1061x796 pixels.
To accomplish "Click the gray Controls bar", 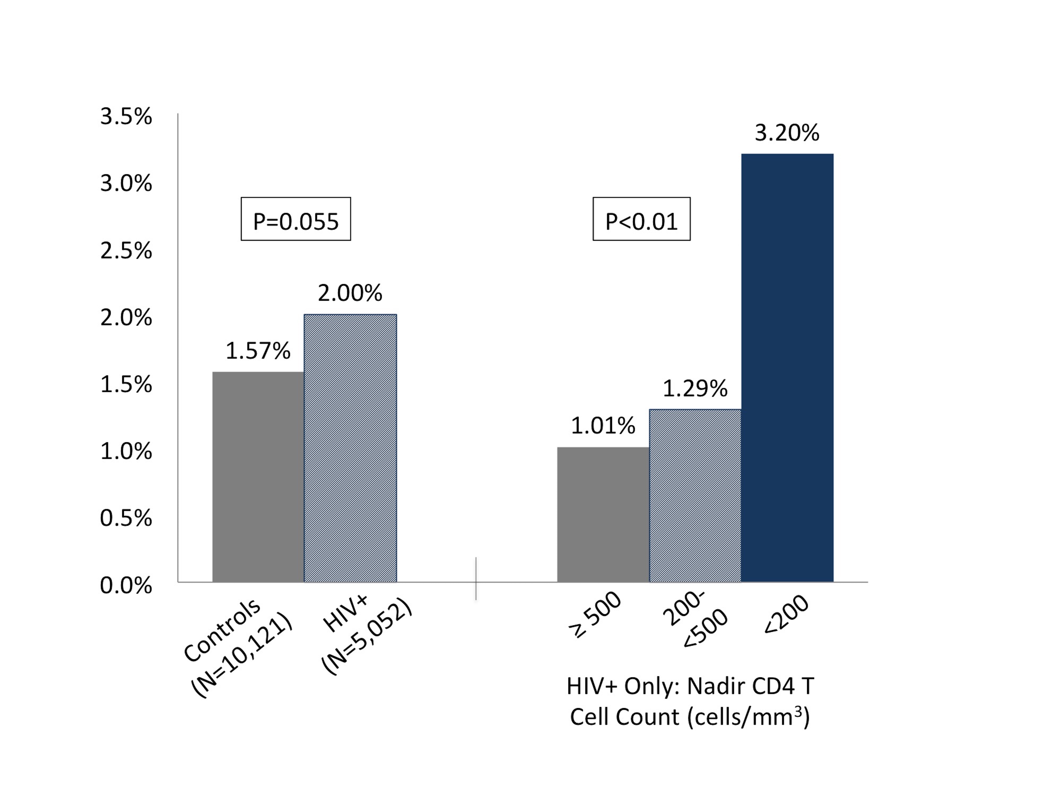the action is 258,477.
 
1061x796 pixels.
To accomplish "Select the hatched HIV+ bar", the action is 350,448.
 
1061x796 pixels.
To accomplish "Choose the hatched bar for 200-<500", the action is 695,496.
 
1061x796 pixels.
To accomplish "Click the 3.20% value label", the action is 787,133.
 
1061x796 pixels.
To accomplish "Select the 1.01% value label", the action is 603,426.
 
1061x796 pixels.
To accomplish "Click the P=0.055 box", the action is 296,219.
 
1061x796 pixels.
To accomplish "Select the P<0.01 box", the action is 642,219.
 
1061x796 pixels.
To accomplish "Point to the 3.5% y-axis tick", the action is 126,117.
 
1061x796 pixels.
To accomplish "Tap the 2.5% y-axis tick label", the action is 126,251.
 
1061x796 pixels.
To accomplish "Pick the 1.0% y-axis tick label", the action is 126,451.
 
